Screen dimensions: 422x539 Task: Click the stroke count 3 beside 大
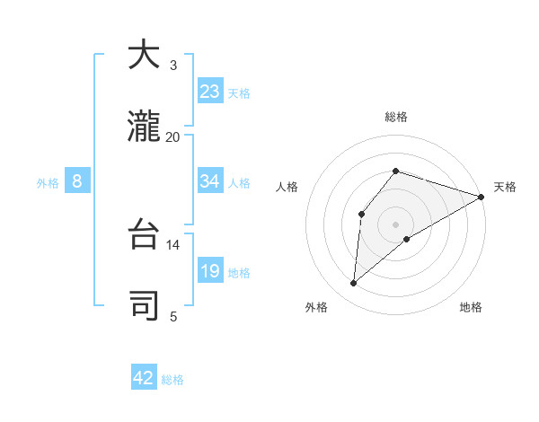coord(173,66)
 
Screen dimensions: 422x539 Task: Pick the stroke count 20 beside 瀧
coord(173,136)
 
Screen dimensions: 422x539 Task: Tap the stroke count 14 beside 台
coord(173,244)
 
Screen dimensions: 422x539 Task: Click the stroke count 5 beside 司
coord(173,315)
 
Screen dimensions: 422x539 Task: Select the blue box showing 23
coord(210,92)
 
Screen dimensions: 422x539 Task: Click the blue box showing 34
coord(210,181)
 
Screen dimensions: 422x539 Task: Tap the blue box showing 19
coord(210,271)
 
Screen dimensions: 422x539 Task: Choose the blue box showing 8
coord(77,181)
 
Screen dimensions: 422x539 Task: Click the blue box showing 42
coord(144,378)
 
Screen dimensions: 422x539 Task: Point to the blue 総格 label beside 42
coord(172,380)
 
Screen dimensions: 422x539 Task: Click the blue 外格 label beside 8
coord(48,183)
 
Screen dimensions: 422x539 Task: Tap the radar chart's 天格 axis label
coord(505,187)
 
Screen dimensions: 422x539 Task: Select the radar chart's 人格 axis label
coord(287,187)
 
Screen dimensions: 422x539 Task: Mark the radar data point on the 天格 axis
coord(482,197)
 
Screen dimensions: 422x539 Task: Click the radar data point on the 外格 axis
coord(354,284)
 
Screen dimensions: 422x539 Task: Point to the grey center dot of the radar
coord(396,224)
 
